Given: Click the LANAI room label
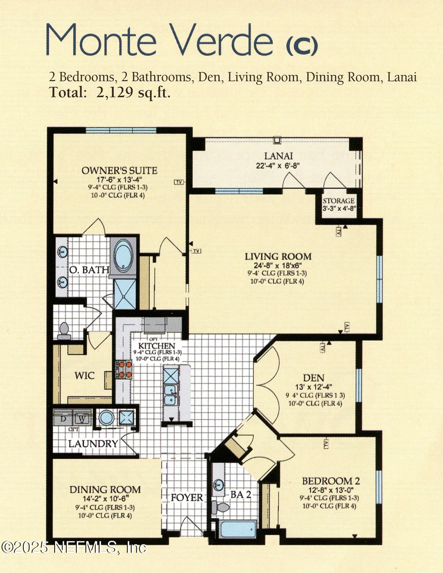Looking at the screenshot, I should click(278, 156).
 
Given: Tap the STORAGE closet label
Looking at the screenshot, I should click(338, 201).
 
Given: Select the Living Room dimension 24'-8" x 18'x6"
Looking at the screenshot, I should click(278, 265).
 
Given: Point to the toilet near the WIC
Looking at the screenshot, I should click(64, 331).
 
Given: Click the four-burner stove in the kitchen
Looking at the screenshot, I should click(124, 369).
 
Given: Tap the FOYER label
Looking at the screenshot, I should click(187, 497).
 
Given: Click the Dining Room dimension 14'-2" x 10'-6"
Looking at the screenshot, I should click(105, 499).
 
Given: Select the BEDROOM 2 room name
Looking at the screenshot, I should click(331, 481).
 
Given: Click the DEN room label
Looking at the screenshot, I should click(313, 378).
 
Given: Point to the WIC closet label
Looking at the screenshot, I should click(84, 376).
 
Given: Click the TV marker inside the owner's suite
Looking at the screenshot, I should click(179, 182).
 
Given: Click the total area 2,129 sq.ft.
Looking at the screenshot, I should click(133, 92).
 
